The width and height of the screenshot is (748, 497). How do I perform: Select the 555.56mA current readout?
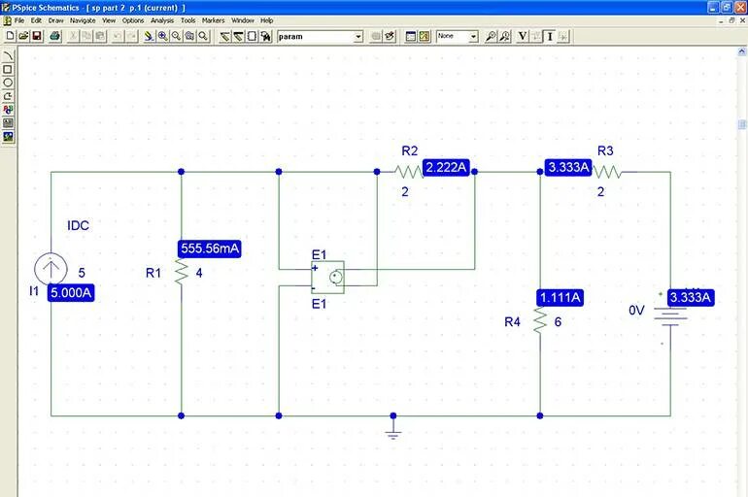pyautogui.click(x=209, y=249)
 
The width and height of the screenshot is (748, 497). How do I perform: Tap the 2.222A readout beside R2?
pyautogui.click(x=447, y=168)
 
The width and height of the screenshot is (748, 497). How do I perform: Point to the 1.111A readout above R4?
pyautogui.click(x=560, y=297)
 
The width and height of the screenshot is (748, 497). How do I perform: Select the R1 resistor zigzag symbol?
pyautogui.click(x=182, y=273)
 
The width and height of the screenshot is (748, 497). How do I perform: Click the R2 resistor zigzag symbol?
pyautogui.click(x=409, y=172)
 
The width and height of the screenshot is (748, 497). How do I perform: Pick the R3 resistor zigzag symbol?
pyautogui.click(x=607, y=172)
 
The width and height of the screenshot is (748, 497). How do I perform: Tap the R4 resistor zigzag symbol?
pyautogui.click(x=540, y=321)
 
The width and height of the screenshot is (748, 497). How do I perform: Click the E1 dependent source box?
pyautogui.click(x=327, y=277)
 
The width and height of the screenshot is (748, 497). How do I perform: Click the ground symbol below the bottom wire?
pyautogui.click(x=393, y=431)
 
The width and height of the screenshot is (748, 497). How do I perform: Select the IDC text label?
pyautogui.click(x=78, y=226)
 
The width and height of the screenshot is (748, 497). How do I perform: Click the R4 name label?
pyautogui.click(x=513, y=322)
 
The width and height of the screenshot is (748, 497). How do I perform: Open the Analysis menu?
pyautogui.click(x=161, y=20)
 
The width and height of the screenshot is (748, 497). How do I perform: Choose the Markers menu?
pyautogui.click(x=213, y=20)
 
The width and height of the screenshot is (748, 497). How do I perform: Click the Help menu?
pyautogui.click(x=266, y=20)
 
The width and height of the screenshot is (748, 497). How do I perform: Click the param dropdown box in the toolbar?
pyautogui.click(x=320, y=37)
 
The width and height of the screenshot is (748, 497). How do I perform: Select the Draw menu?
pyautogui.click(x=55, y=20)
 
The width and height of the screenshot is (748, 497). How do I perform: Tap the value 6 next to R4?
pyautogui.click(x=558, y=322)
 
